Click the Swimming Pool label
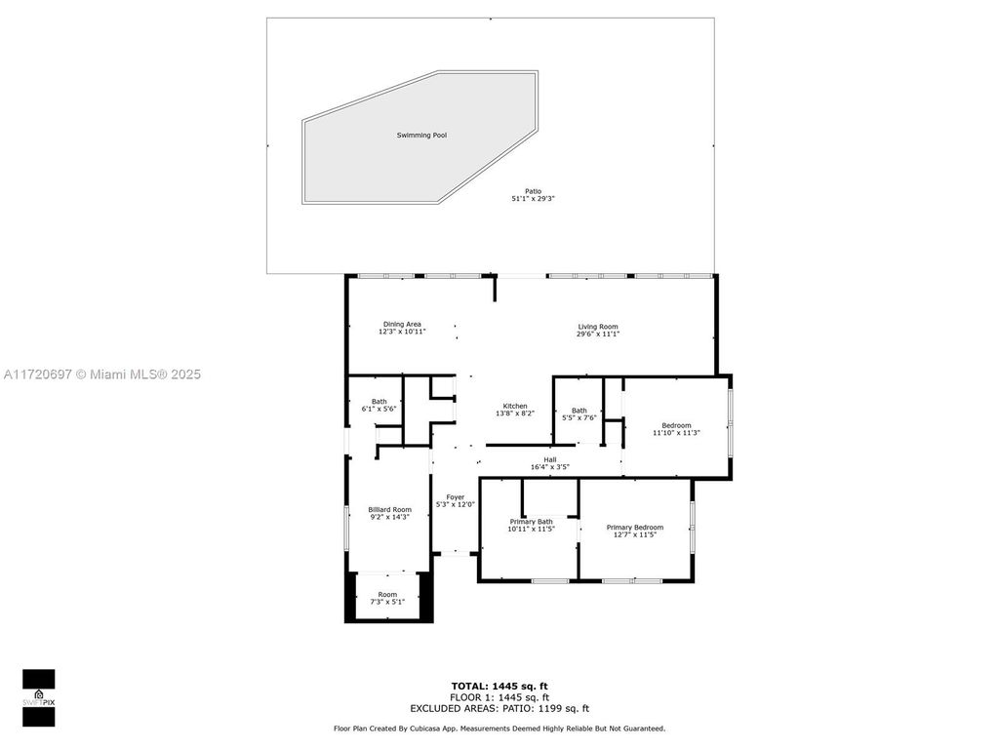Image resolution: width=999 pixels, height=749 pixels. [x=421, y=135]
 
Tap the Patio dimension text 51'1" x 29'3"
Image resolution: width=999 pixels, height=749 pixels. [x=533, y=199]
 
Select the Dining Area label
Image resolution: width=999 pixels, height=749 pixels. [x=402, y=325]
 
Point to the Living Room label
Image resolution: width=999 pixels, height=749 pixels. [x=598, y=327]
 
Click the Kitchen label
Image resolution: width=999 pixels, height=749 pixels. [x=515, y=406]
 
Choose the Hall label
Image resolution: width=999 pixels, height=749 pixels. [x=550, y=459]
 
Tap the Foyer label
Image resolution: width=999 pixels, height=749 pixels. [x=456, y=496]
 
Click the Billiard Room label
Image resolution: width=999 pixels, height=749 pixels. [x=389, y=509]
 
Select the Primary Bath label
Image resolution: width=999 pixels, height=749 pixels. [x=532, y=521]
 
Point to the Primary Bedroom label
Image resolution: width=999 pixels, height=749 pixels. [x=634, y=528]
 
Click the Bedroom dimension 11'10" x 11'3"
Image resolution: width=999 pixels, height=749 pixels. [x=676, y=432]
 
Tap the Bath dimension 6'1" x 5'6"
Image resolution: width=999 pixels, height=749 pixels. [x=379, y=409]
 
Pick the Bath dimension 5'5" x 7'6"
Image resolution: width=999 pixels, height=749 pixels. [x=579, y=417]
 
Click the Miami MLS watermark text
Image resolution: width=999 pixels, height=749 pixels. [x=100, y=374]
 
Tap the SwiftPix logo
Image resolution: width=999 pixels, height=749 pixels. [x=39, y=697]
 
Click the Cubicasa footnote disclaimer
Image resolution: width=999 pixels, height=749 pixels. [x=499, y=729]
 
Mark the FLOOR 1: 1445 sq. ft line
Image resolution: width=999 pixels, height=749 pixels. [x=499, y=697]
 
